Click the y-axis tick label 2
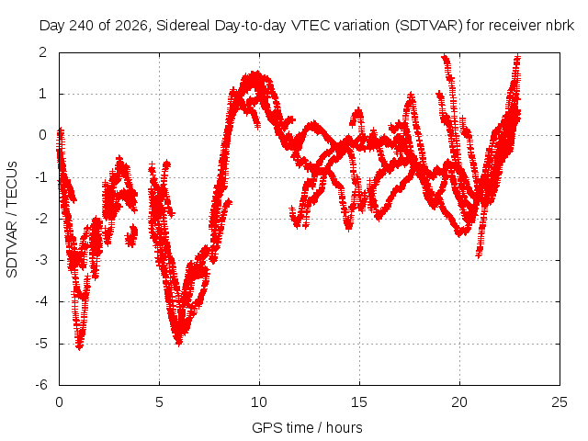click(x=43, y=51)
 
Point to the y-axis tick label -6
click(x=41, y=385)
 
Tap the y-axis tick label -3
click(x=41, y=260)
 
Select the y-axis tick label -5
click(x=41, y=344)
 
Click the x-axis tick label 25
click(x=560, y=402)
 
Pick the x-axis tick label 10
click(x=259, y=402)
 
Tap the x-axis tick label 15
click(x=359, y=402)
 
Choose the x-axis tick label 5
click(x=159, y=402)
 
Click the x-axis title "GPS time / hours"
click(x=307, y=427)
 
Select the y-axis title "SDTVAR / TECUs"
click(x=12, y=220)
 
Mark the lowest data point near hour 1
click(x=79, y=348)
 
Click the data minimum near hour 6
click(x=179, y=343)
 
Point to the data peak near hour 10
click(x=256, y=73)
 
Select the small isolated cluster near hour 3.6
click(x=131, y=235)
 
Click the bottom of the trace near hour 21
click(x=479, y=255)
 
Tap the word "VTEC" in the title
click(x=311, y=26)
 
